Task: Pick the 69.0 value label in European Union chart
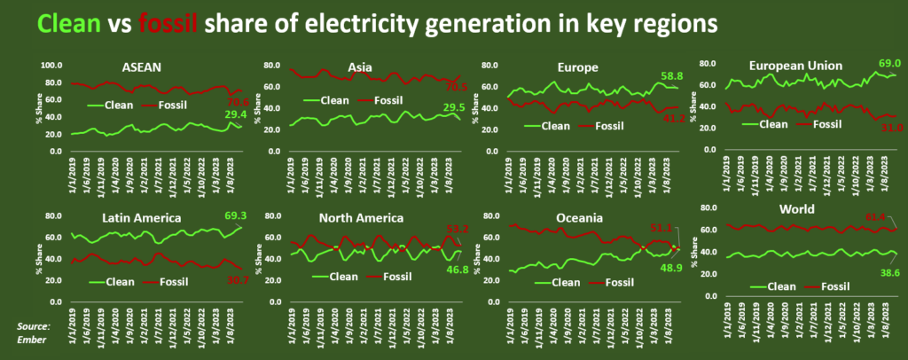tap(887, 64)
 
